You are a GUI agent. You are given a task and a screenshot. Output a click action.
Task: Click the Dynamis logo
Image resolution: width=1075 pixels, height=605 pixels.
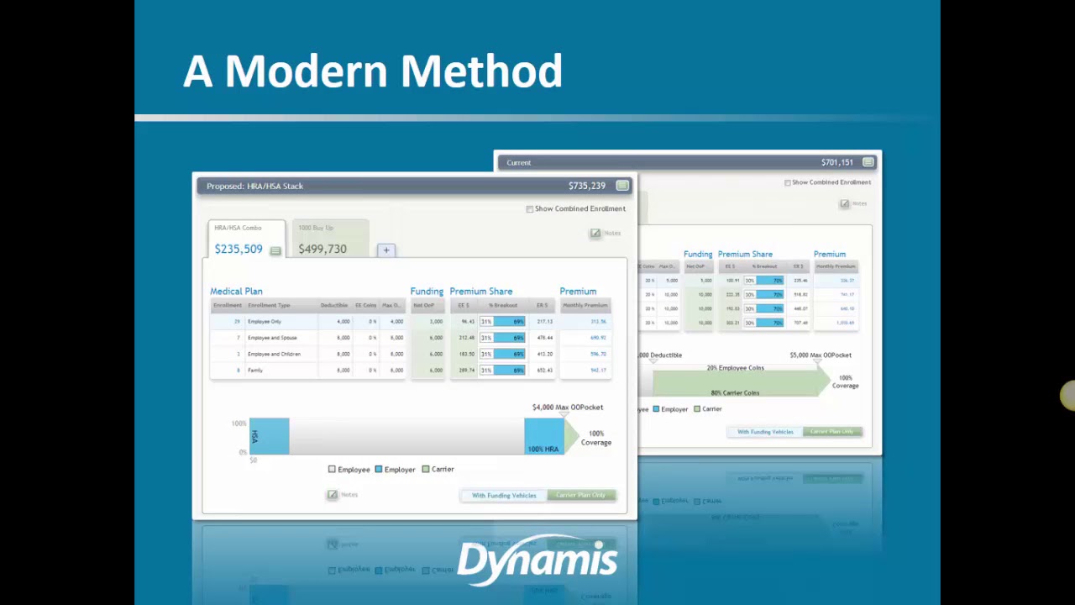537,560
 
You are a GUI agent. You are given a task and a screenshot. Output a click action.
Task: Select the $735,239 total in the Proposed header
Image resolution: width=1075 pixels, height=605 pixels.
586,186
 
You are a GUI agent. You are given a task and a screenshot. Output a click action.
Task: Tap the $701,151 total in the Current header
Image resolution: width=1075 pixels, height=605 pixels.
836,162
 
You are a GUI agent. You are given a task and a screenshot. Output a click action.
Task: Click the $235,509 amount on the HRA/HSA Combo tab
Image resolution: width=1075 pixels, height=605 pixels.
239,249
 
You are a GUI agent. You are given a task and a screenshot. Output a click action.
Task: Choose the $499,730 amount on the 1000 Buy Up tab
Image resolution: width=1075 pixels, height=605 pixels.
322,249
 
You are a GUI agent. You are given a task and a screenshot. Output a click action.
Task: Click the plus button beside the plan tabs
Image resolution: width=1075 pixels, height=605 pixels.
386,250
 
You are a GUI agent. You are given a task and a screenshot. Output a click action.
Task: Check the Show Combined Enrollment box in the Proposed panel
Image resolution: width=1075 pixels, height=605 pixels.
530,208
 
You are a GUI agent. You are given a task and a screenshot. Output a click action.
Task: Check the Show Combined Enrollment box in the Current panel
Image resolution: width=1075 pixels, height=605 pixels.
788,182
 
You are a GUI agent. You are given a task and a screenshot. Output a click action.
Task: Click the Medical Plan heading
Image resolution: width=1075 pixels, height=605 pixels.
236,291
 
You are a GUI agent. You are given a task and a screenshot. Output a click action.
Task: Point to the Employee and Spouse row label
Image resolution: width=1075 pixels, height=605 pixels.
272,338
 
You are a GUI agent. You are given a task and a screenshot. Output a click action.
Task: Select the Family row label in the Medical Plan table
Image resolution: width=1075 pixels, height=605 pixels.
255,371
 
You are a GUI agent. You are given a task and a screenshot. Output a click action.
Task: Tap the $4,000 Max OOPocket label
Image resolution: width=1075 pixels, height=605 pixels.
568,408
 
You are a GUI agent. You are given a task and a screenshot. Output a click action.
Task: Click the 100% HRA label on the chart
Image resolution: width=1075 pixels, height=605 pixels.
543,449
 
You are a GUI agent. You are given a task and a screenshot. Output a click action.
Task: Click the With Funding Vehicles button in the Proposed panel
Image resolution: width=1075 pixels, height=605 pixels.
504,495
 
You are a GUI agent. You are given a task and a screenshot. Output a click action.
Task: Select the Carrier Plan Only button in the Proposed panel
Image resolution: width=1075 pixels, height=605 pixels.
580,495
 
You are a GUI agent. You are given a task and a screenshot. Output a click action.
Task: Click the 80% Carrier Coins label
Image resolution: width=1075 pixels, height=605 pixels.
735,392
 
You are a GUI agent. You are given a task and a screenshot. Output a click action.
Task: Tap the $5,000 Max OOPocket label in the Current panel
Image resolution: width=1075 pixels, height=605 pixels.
821,355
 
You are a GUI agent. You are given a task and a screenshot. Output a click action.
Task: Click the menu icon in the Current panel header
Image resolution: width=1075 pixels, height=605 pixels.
868,162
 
